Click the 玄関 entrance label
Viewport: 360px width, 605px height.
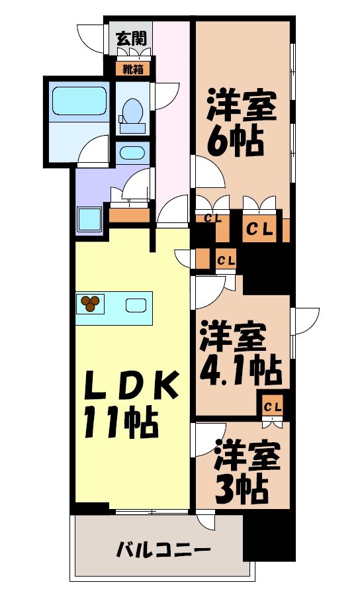pyautogui.click(x=130, y=38)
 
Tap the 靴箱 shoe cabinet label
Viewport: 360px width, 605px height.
pyautogui.click(x=130, y=68)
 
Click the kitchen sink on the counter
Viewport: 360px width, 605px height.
pyautogui.click(x=136, y=305)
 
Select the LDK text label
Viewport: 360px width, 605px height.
pyautogui.click(x=130, y=387)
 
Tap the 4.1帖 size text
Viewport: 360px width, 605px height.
pyautogui.click(x=240, y=373)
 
